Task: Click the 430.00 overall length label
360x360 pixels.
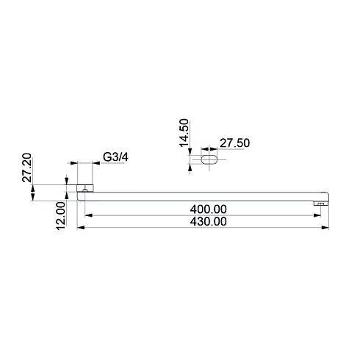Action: (209, 222)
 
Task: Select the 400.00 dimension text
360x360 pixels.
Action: (209, 209)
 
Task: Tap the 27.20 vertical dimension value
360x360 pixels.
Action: (27, 168)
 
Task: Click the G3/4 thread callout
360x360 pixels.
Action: (115, 157)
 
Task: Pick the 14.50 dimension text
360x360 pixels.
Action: (184, 133)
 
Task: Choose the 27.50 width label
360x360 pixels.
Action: (234, 143)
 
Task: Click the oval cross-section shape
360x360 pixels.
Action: (209, 159)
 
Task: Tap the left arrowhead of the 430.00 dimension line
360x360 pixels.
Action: (81, 228)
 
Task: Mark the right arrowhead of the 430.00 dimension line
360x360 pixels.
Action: (325, 228)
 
